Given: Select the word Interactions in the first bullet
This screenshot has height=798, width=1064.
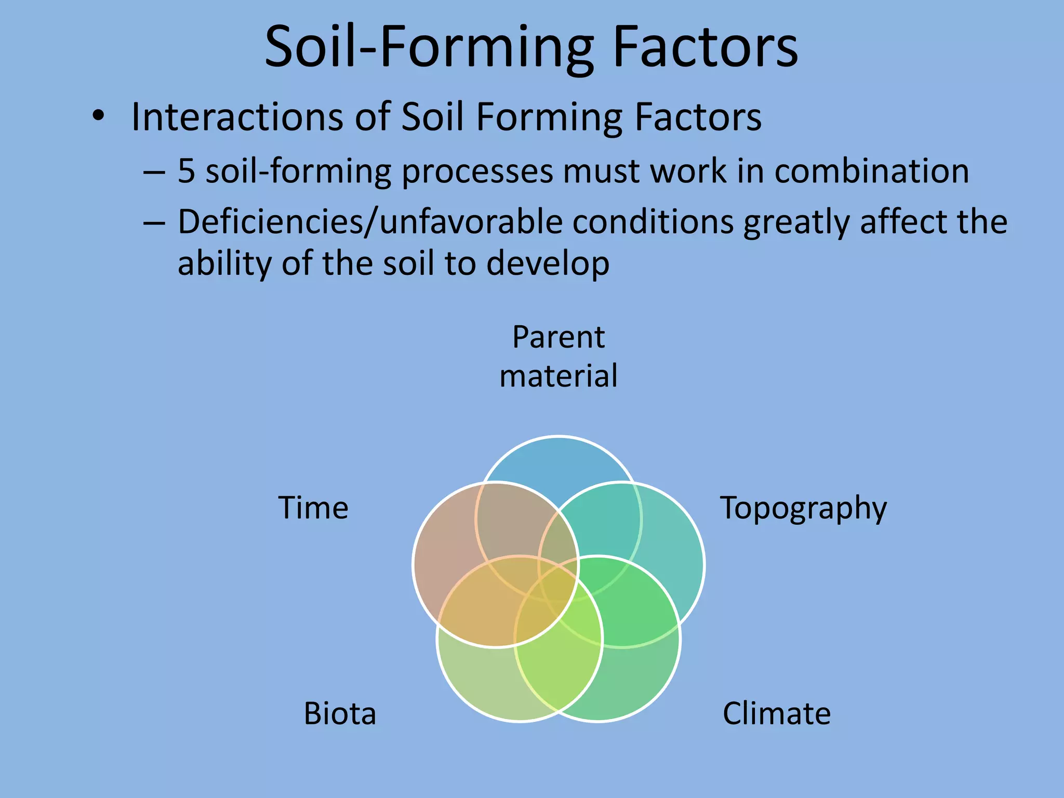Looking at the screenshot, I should [237, 117].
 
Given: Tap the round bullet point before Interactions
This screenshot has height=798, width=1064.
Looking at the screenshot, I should [98, 116].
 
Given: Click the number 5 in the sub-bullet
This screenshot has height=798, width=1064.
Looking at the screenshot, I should [186, 171].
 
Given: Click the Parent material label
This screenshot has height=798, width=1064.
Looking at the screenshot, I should [558, 356].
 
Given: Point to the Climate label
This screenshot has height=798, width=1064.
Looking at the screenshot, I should [776, 714].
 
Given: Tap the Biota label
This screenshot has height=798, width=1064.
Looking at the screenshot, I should [340, 714].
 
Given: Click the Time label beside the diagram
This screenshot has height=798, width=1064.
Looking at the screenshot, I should [313, 508].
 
